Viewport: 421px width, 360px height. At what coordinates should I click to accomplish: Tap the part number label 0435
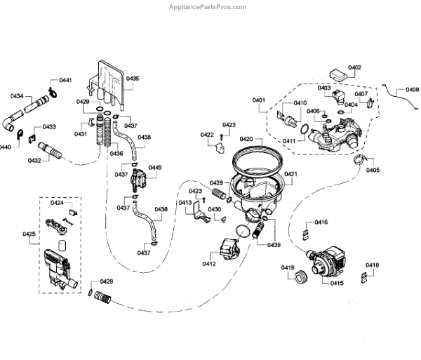pos(133,79)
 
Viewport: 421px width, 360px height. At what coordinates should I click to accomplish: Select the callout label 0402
pos(354,67)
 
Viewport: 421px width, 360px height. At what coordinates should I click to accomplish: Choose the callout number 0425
pos(29,233)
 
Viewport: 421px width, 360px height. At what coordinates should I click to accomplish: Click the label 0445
pos(155,168)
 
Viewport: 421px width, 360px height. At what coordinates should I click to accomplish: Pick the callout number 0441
pos(65,81)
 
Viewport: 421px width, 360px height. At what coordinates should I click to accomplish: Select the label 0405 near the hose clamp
pos(373,171)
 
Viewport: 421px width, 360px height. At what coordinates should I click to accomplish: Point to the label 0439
pos(273,244)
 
